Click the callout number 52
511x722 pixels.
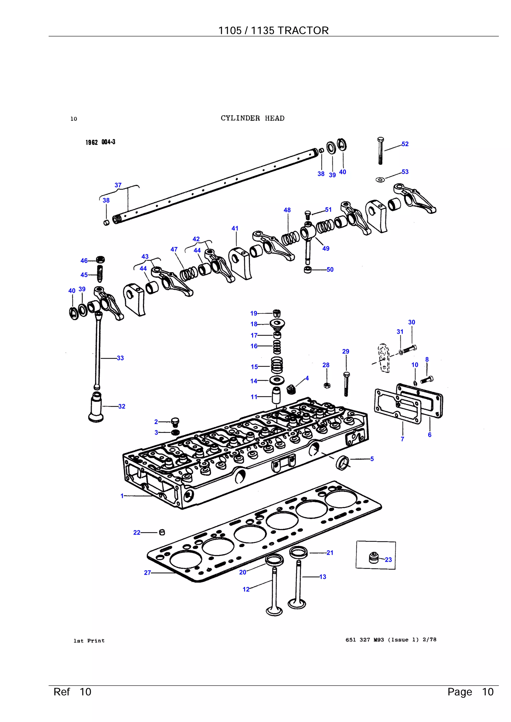(405, 144)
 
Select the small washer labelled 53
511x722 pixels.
(380, 179)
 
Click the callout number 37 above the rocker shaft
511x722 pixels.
(118, 185)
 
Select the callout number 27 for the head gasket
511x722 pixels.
(147, 573)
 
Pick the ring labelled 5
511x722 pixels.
(343, 462)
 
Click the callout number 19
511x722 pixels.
(254, 313)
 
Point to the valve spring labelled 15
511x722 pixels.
(277, 365)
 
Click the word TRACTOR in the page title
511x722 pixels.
(303, 30)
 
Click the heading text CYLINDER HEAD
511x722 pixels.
(253, 118)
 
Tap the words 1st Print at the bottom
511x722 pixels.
(89, 641)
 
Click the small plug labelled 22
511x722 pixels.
(162, 532)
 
